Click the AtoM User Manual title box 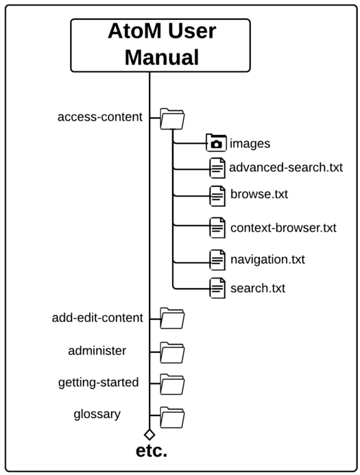(x=161, y=45)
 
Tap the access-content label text (x=100, y=117)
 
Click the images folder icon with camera (x=216, y=143)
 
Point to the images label (x=250, y=143)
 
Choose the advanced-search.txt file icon (x=217, y=167)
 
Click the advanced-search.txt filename (x=285, y=167)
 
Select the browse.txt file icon (x=217, y=195)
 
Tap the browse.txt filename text (x=259, y=194)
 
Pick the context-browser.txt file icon (x=217, y=226)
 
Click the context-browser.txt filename (x=283, y=227)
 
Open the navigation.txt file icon (x=217, y=260)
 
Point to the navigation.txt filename (x=267, y=260)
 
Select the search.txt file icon (x=217, y=287)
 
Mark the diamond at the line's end (x=149, y=434)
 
